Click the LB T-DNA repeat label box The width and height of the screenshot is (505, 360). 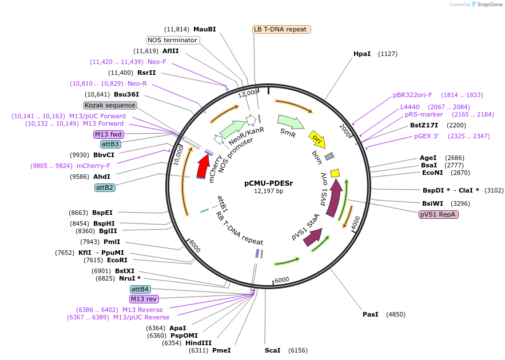(281, 29)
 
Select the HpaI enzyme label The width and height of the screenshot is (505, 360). (362, 54)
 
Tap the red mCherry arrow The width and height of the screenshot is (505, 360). (203, 166)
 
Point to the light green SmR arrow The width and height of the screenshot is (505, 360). (291, 122)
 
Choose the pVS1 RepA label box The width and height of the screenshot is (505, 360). (439, 214)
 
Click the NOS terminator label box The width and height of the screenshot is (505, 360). (173, 40)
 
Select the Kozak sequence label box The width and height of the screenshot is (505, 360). (110, 105)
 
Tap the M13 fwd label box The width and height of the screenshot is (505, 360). (109, 134)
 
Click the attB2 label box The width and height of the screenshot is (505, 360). (105, 187)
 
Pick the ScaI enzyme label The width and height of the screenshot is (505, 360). (273, 350)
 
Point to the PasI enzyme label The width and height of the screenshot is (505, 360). (371, 314)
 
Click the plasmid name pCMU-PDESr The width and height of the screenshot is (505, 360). (269, 183)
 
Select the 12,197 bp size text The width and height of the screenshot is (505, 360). (269, 191)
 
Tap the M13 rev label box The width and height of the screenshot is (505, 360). (144, 299)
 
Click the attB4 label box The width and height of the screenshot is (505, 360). (141, 289)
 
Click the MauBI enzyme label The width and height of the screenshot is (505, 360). (205, 29)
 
